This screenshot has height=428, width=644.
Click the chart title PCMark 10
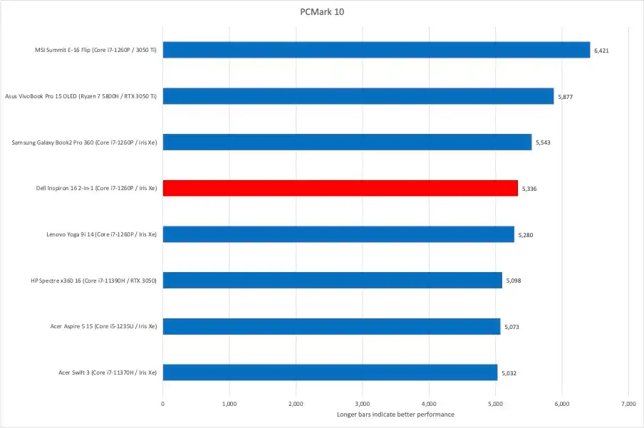321,12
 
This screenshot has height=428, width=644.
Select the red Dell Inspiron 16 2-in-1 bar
341,188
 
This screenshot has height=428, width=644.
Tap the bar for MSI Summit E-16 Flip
376,50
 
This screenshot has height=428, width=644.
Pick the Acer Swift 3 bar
330,372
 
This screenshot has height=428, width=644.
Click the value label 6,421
601,51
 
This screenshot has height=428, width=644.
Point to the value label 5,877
565,97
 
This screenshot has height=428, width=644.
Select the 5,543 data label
543,142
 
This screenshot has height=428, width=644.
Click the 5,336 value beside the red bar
529,189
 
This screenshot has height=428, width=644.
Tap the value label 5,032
509,372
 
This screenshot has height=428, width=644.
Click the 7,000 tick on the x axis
628,404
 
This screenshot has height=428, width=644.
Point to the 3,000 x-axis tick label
362,404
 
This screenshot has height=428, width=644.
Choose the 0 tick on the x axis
163,404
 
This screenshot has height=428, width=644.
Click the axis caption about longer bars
395,414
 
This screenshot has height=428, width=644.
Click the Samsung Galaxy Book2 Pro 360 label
84,142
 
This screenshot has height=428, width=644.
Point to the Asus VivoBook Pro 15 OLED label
81,96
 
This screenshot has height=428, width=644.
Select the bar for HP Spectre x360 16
332,281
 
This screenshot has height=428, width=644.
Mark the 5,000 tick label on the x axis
495,404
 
